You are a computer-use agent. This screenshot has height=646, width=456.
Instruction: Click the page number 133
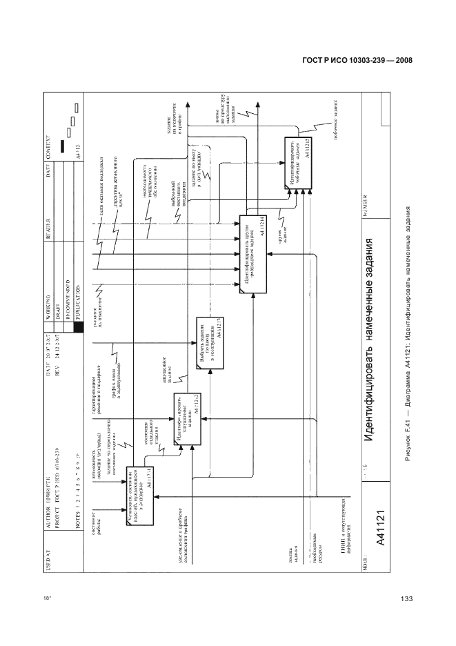click(406, 598)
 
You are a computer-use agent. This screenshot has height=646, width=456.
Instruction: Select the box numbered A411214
click(252, 255)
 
